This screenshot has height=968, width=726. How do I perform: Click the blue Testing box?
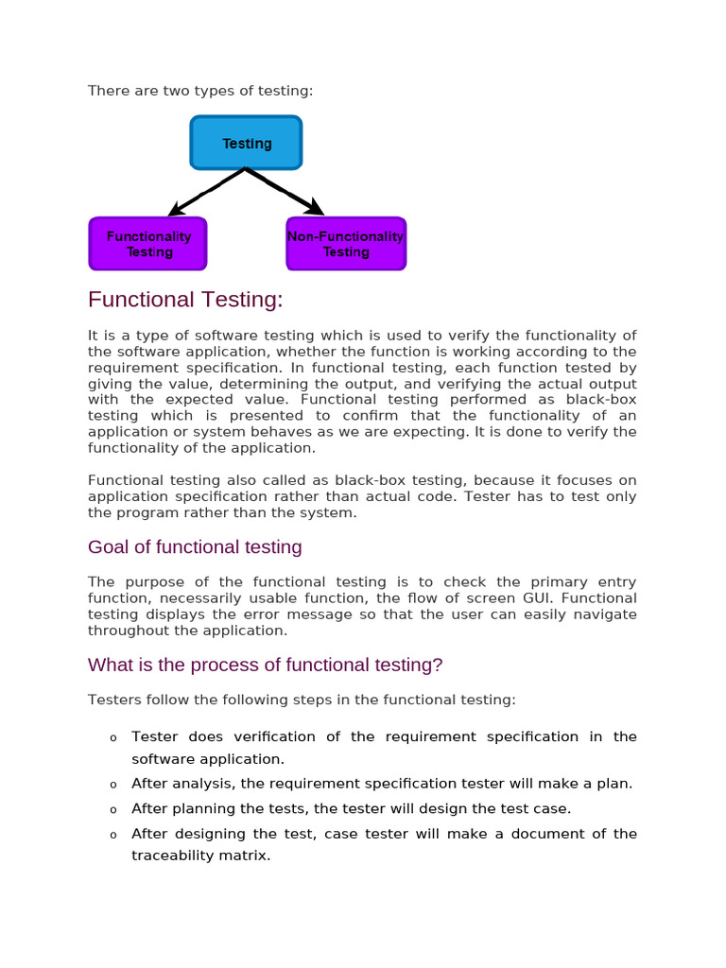point(246,143)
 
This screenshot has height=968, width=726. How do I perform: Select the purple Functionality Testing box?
point(147,244)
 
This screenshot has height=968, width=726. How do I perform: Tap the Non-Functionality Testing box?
point(346,244)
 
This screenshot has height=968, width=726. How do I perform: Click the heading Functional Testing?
point(185,300)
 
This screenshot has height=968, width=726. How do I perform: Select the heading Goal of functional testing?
point(195,546)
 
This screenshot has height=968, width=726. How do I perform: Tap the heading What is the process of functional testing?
point(265,665)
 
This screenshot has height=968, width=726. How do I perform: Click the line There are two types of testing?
point(200,91)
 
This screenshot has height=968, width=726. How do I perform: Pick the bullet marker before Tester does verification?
point(112,737)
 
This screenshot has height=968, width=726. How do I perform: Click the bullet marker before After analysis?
point(112,784)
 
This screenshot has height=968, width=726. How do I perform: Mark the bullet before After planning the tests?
point(112,809)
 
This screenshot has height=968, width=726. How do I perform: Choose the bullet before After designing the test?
point(112,835)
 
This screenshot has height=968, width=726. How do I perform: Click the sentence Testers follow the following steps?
point(302,700)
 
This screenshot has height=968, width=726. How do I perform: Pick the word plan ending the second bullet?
point(615,783)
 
